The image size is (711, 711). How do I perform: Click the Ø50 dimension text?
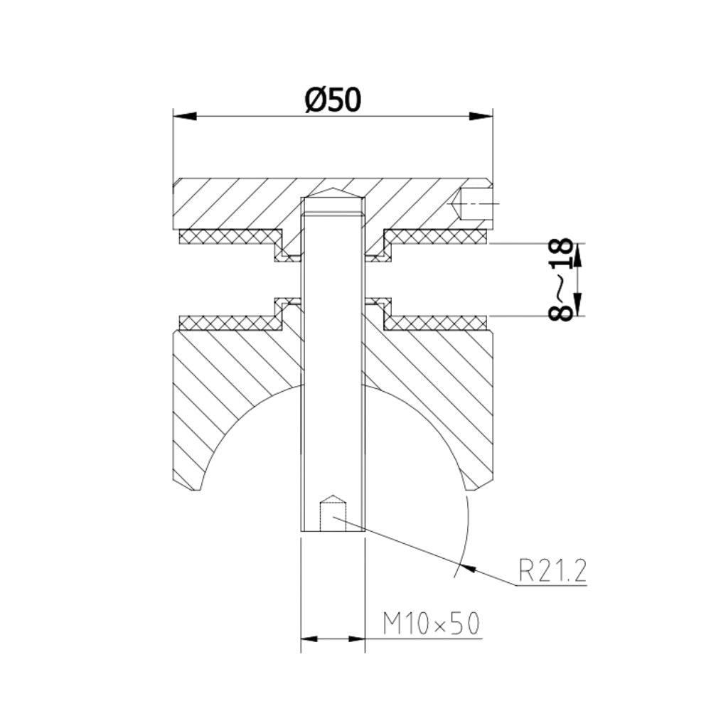pyautogui.click(x=333, y=100)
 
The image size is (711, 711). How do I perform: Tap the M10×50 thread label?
pyautogui.click(x=431, y=624)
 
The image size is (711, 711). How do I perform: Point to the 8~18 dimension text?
pyautogui.click(x=562, y=280)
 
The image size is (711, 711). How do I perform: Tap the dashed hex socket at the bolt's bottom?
pyautogui.click(x=333, y=513)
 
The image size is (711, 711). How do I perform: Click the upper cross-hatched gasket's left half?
pyautogui.click(x=228, y=235)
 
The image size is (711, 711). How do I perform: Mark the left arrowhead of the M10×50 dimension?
pyautogui.click(x=308, y=639)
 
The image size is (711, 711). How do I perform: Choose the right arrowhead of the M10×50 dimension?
pyautogui.click(x=358, y=639)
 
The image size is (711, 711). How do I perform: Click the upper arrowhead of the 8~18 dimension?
pyautogui.click(x=577, y=250)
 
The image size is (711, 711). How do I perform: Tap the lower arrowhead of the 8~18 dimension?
pyautogui.click(x=577, y=309)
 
